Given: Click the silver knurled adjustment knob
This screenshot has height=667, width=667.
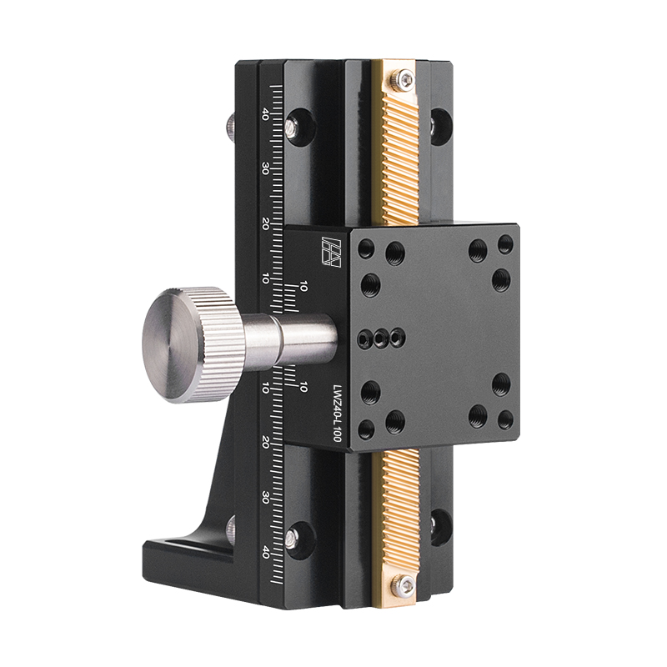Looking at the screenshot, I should pos(188,344).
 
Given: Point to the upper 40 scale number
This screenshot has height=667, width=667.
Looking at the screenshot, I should pos(265,114).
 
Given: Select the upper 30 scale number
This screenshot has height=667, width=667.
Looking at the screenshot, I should pos(265,169).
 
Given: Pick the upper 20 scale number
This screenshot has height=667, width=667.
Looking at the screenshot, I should pos(265,223).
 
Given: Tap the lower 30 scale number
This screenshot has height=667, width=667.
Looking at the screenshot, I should pos(265,497).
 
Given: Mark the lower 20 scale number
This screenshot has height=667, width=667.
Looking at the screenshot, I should pos(265,442).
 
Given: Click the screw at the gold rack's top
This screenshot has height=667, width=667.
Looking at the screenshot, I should pos(405,80).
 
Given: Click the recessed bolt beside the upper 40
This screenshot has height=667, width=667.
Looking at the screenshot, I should pos(294,125).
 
